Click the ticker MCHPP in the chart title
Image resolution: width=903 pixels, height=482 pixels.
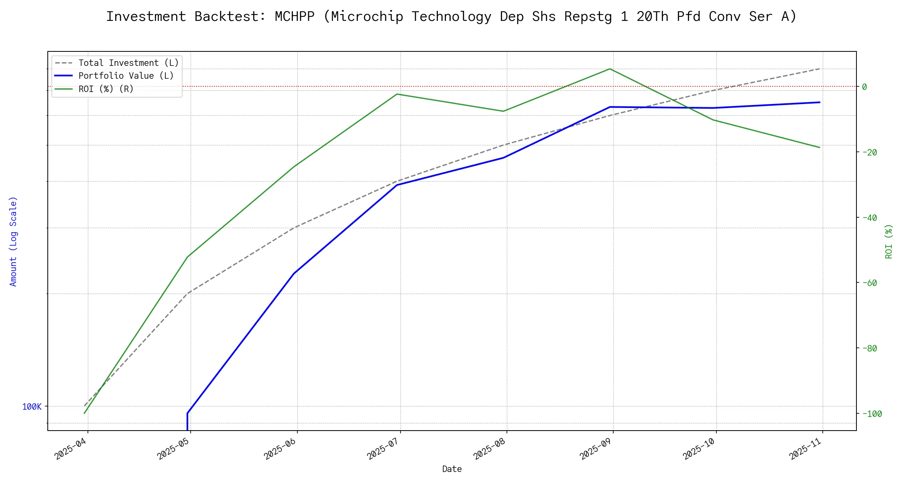(295, 17)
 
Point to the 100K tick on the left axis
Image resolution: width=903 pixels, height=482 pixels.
(32, 407)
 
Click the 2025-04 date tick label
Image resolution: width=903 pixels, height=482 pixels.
(71, 449)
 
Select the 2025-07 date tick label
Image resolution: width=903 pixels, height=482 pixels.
(383, 449)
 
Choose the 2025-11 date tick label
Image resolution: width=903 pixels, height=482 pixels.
(806, 449)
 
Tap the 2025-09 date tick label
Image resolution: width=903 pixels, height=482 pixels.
(596, 449)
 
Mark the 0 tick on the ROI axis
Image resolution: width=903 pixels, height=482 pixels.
(864, 87)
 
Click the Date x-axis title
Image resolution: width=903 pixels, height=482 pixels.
(452, 469)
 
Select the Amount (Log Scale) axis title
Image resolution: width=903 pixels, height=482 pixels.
(14, 241)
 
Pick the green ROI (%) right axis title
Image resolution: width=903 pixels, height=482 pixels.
(889, 241)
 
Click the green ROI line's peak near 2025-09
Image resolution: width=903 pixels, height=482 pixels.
(610, 69)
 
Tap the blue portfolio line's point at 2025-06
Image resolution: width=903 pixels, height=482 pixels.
(295, 273)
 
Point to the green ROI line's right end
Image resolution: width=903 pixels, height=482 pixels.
(820, 147)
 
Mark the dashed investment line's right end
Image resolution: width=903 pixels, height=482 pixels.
(820, 69)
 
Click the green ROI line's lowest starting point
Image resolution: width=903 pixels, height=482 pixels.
(84, 413)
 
